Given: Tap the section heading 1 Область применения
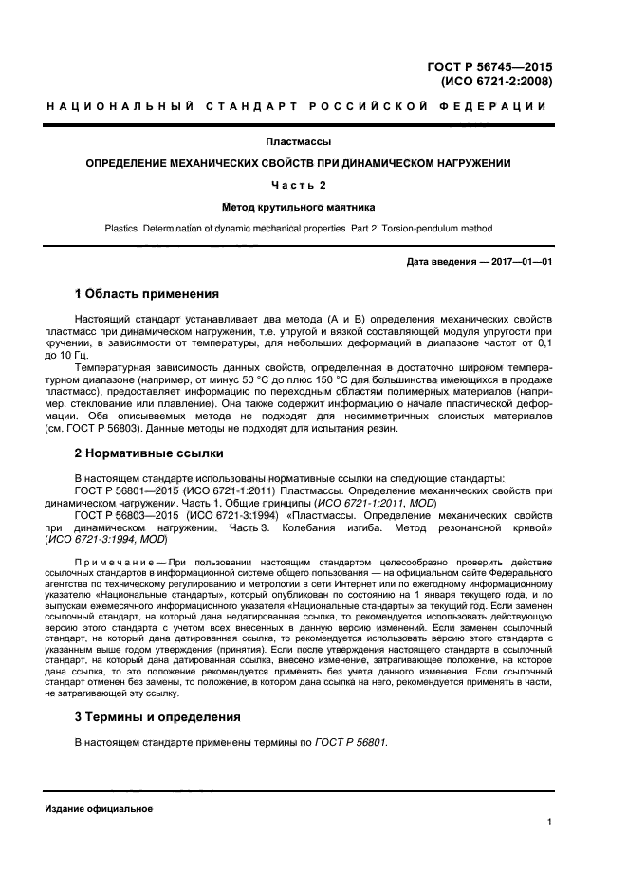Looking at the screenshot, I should point(147,293).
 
